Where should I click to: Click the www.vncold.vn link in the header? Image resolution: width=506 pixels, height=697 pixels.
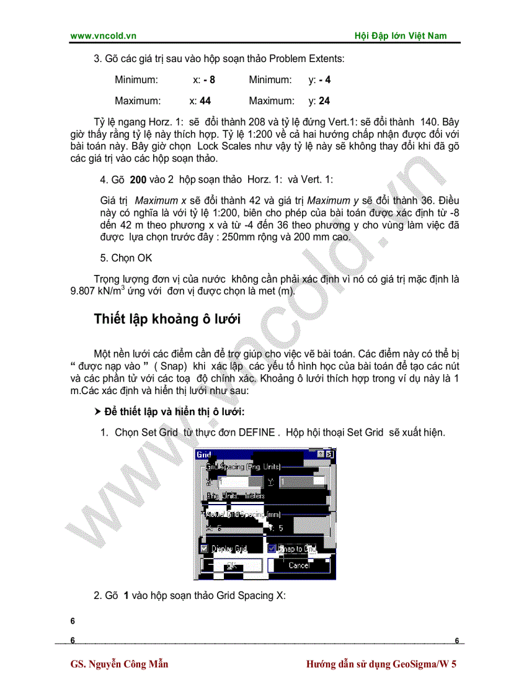click(103, 36)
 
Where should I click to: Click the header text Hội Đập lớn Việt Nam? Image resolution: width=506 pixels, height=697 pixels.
click(400, 36)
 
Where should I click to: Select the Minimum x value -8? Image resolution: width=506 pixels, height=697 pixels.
click(208, 80)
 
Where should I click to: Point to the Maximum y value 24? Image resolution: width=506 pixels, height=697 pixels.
click(324, 101)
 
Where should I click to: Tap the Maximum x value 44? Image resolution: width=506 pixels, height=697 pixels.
click(205, 101)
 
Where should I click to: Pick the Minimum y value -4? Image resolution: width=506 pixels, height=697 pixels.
click(324, 80)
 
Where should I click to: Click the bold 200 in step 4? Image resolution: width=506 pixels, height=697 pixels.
click(138, 179)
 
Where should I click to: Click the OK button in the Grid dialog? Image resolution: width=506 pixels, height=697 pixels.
click(231, 565)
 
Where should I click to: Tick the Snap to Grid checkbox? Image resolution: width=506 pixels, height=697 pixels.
click(272, 549)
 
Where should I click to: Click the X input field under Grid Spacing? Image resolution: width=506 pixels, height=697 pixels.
click(232, 481)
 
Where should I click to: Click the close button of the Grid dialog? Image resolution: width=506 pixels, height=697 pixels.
click(330, 455)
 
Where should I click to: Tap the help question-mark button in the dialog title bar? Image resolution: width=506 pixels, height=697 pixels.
click(321, 455)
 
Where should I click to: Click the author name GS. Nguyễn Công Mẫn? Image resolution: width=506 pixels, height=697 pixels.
click(120, 664)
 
